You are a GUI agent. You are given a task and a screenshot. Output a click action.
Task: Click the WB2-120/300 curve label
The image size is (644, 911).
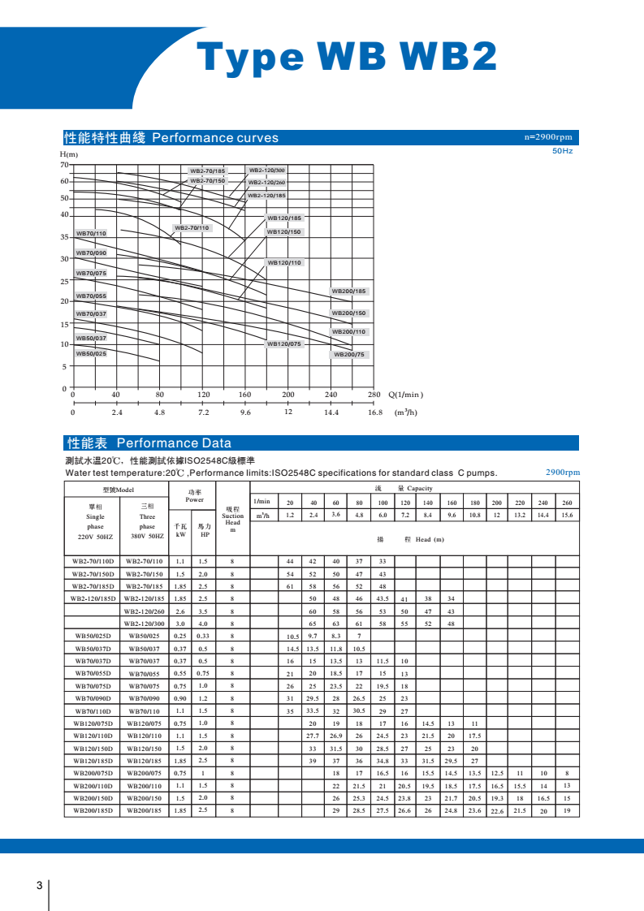click(266, 171)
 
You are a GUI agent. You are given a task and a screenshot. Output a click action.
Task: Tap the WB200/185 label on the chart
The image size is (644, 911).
click(349, 291)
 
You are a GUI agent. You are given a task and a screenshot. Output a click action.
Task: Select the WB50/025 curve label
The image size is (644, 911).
click(91, 354)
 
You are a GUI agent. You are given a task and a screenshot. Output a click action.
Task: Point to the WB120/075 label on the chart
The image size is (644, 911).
click(284, 344)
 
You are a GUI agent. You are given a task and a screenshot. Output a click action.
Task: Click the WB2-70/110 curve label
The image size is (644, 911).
click(192, 228)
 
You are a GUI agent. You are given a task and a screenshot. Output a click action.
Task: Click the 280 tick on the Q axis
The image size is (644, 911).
click(374, 395)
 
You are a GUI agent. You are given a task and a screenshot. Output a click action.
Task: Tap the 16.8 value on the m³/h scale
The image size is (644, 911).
click(374, 412)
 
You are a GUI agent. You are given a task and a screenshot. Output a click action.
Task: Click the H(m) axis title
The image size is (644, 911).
click(69, 154)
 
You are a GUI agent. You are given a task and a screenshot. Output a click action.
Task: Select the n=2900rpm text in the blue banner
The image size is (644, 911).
click(549, 137)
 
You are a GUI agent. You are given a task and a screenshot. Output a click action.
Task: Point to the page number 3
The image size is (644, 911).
click(39, 884)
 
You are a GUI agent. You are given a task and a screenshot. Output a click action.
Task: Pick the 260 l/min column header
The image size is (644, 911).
click(566, 503)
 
